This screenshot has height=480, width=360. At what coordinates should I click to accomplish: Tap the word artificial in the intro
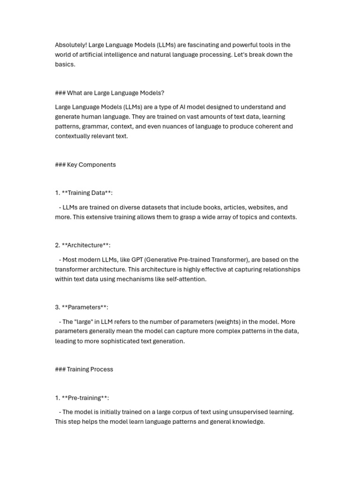point(92,54)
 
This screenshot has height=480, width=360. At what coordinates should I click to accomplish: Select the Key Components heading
point(85,165)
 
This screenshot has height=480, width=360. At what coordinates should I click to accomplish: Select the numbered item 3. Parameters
point(82,307)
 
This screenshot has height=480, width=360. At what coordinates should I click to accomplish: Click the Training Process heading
point(84,369)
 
